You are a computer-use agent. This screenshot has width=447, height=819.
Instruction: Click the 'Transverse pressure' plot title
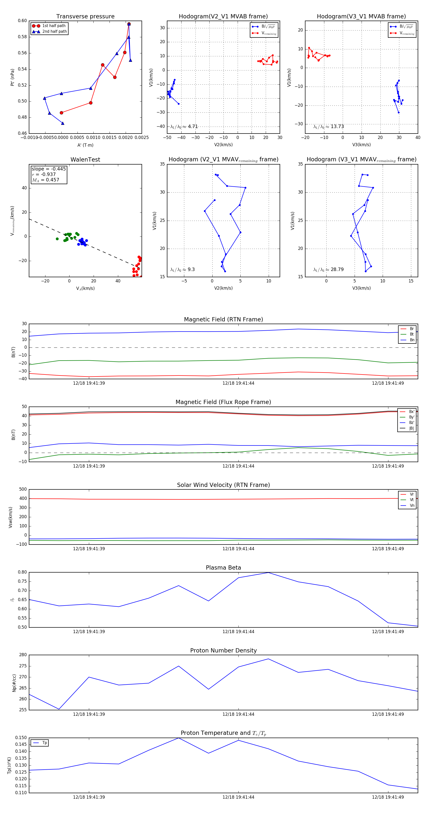(85, 17)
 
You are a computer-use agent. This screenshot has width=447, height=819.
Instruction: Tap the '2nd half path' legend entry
(54, 32)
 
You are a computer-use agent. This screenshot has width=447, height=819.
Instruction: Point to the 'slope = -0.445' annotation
(49, 169)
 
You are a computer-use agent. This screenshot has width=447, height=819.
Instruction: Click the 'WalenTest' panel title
(85, 160)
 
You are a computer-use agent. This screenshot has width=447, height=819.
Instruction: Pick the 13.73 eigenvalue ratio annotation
(329, 127)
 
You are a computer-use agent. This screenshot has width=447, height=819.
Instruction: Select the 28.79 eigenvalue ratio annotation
(329, 270)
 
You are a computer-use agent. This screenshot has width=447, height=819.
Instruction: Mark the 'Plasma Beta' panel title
(223, 568)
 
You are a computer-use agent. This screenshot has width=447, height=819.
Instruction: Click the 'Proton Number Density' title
(223, 650)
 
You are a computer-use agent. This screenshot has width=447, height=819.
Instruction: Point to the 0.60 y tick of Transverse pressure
(22, 21)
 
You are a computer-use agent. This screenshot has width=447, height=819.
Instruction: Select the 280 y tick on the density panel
(23, 655)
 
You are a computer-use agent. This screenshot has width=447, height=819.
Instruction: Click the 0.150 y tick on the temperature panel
(21, 738)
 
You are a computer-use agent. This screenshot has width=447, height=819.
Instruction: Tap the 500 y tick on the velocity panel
(23, 489)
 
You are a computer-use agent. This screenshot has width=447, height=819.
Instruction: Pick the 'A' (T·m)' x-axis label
(85, 145)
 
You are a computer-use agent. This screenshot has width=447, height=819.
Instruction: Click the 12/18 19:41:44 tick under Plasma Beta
(238, 631)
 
